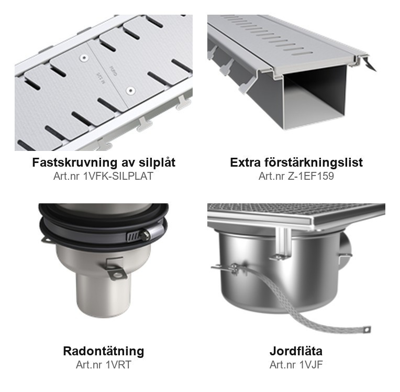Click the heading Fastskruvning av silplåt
point(104,162)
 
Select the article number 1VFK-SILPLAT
point(118,176)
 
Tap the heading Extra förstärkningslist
point(296,162)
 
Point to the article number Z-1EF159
point(311,176)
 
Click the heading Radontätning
point(104,351)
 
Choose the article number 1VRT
point(118,365)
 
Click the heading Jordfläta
point(296,351)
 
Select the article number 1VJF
point(310,365)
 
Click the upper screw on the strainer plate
point(84,58)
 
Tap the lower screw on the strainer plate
point(130,91)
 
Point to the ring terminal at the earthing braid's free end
point(366,330)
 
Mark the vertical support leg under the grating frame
point(283,243)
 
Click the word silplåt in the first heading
point(157,162)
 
